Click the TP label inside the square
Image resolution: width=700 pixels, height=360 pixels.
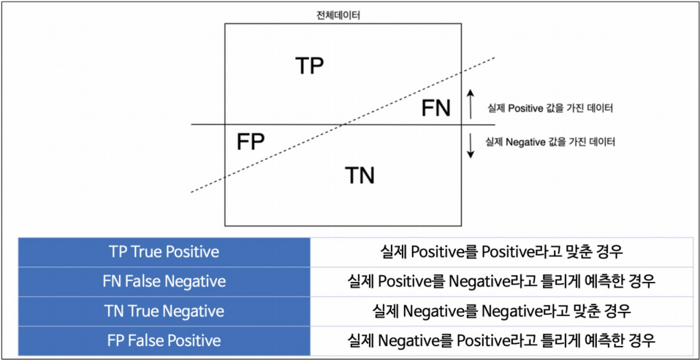[310, 66]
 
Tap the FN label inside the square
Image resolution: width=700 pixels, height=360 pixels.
[436, 109]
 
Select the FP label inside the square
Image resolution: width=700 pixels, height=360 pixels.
[251, 141]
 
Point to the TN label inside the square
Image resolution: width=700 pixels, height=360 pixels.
[359, 175]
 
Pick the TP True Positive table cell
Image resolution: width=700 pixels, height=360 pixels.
[164, 252]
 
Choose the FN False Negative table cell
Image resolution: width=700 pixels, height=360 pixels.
[164, 281]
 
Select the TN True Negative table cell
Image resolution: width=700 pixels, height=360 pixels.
[164, 311]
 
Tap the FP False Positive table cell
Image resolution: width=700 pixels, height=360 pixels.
[164, 340]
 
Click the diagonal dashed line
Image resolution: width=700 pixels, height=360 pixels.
[424, 89]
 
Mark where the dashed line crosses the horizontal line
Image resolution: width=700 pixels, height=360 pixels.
[345, 125]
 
